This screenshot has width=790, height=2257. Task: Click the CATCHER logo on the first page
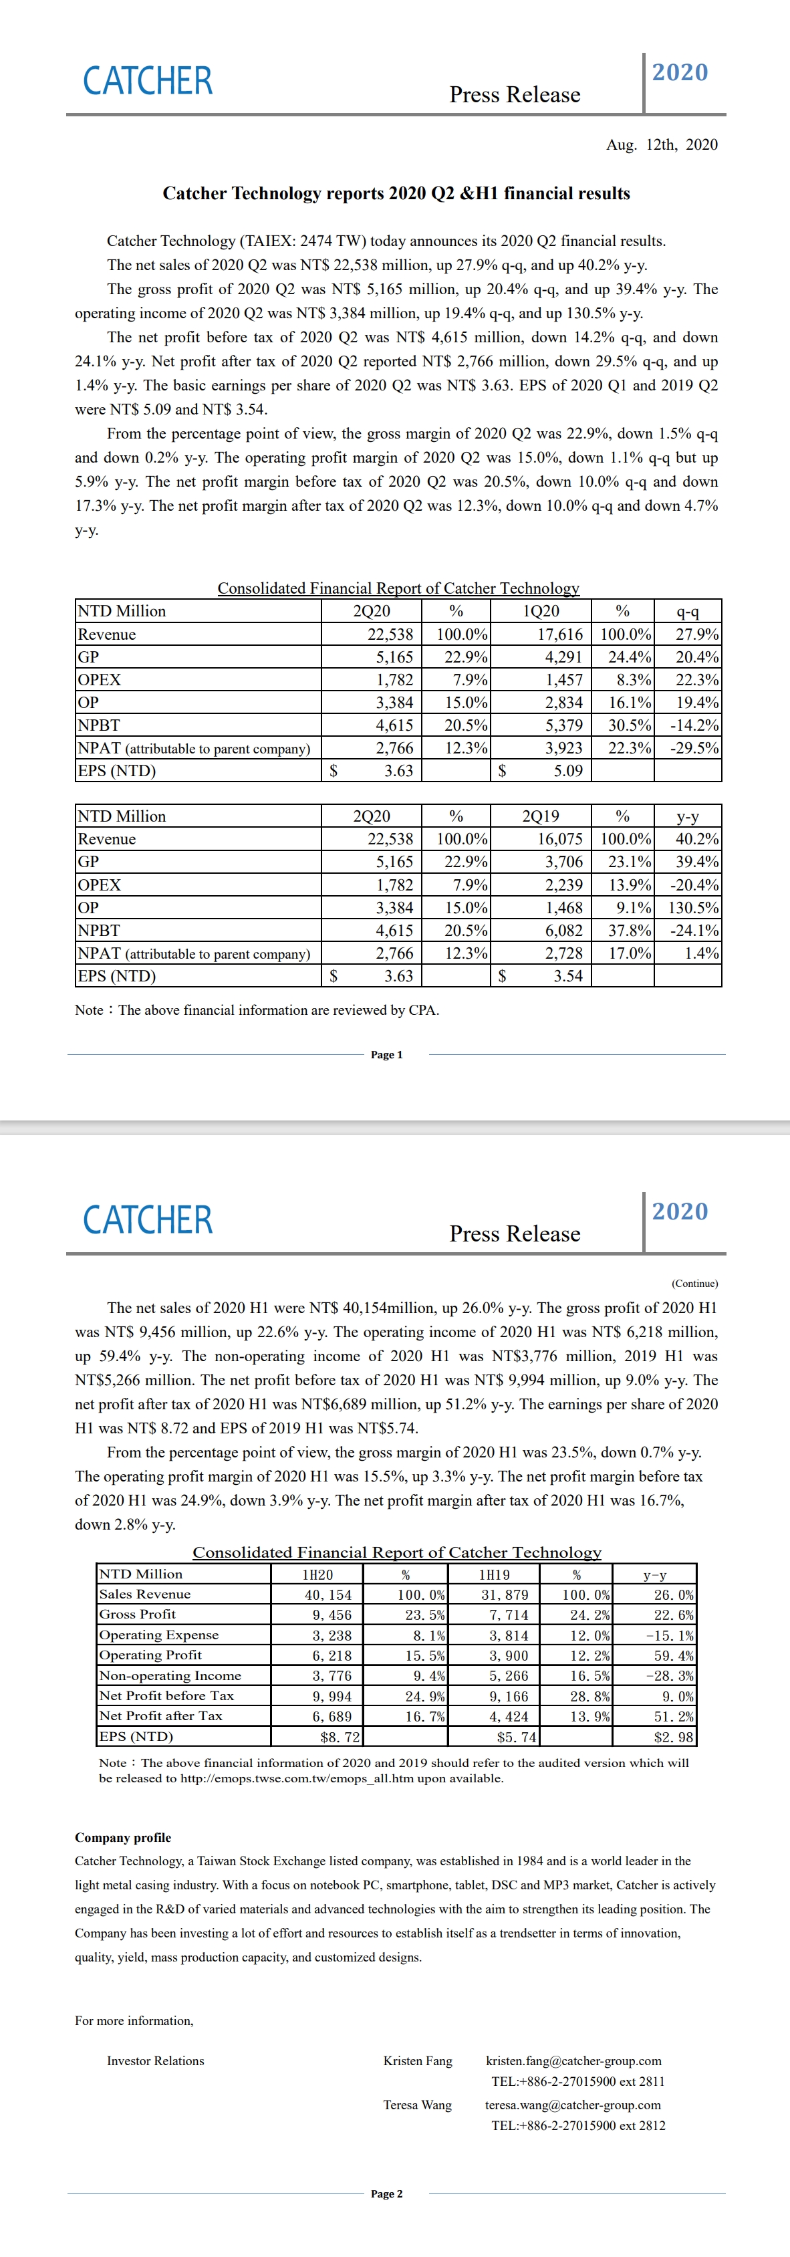coord(147,82)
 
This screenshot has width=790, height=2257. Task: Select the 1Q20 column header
coord(541,610)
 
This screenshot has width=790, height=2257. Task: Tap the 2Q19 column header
coord(541,816)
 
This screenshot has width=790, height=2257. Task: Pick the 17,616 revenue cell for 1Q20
coord(559,634)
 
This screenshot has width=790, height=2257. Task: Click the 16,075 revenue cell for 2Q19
coord(559,838)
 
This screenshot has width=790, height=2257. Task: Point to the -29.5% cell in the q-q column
coord(694,748)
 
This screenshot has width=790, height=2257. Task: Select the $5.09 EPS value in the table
coord(567,771)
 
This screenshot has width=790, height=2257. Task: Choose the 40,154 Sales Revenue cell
coord(327,1594)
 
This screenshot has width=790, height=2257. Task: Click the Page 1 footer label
coord(386,1055)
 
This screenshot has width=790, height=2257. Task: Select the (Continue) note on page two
coord(694,1284)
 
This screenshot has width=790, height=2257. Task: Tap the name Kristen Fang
coord(418,2060)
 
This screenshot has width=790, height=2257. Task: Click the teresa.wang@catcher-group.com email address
coord(573,2105)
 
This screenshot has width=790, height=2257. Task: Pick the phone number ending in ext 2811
coord(577,2081)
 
